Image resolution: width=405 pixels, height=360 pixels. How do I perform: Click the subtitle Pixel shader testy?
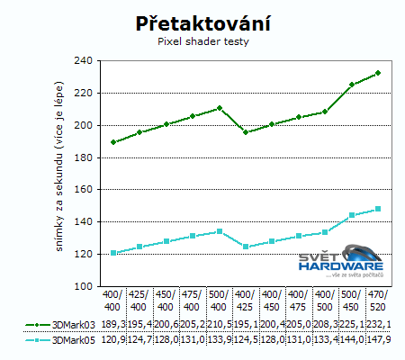[202, 41]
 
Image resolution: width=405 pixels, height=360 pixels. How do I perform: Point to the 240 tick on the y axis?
[82, 61]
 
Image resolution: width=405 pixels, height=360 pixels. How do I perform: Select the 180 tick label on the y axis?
[82, 157]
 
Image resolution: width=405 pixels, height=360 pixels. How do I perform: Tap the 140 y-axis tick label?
[82, 222]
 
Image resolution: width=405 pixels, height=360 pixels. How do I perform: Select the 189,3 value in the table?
[113, 323]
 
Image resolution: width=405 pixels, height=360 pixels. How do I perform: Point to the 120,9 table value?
[113, 339]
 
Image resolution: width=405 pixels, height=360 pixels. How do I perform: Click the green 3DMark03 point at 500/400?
[219, 108]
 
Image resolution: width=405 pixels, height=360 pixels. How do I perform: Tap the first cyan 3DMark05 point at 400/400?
[113, 253]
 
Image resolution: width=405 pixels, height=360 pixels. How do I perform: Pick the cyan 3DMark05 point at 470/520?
[378, 209]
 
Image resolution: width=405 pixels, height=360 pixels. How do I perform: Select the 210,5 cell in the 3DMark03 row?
[219, 323]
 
